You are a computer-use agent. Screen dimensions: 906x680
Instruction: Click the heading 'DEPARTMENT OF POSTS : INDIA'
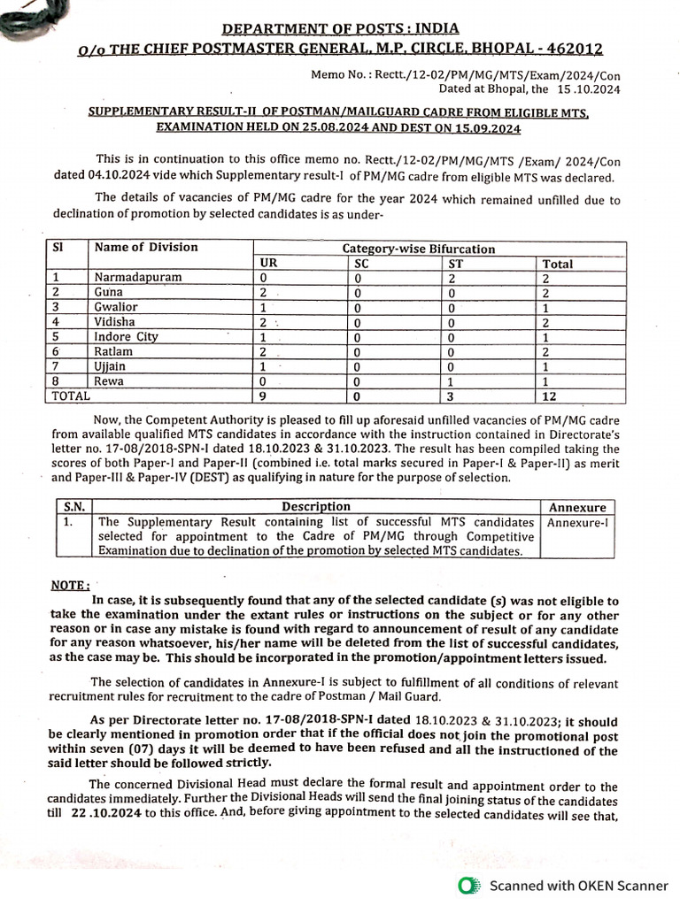click(x=341, y=28)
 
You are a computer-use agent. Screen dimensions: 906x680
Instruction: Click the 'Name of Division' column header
click(x=146, y=247)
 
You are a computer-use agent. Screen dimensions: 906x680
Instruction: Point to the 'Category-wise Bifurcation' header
click(x=419, y=250)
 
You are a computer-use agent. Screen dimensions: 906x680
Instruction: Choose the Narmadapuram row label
click(x=138, y=277)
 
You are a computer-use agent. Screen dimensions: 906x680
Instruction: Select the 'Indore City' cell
click(x=127, y=336)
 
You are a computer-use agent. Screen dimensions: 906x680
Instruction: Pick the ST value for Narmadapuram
click(x=452, y=277)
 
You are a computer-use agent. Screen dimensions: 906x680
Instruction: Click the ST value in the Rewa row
click(x=452, y=381)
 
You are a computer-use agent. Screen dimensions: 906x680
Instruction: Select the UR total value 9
click(x=264, y=397)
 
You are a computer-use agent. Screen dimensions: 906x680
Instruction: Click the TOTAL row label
click(x=72, y=397)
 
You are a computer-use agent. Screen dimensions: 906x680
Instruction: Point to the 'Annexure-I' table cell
click(x=577, y=522)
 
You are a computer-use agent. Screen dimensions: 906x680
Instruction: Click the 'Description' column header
click(x=315, y=507)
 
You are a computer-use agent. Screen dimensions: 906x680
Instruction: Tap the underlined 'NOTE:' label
click(x=71, y=585)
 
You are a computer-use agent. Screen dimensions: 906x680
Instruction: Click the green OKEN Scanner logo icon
click(x=467, y=885)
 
